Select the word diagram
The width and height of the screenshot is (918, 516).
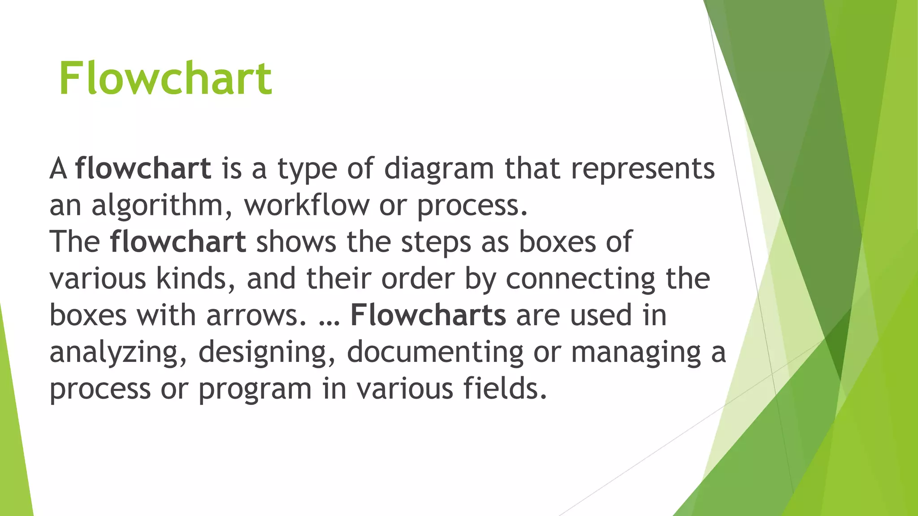(x=439, y=169)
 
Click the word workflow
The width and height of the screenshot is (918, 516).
(x=307, y=205)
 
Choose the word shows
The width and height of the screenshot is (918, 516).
(x=296, y=242)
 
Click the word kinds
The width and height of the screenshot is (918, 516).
(x=195, y=279)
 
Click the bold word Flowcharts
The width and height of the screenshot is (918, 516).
(x=428, y=315)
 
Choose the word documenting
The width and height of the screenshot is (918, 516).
(x=435, y=352)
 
